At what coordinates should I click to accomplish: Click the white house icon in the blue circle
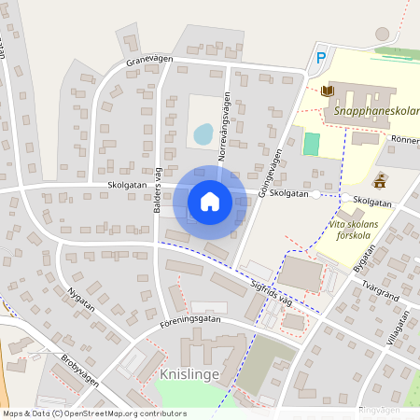click(210, 202)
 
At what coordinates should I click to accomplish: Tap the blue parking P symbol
click(321, 58)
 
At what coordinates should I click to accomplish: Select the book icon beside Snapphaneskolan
click(327, 91)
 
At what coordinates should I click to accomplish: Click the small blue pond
click(203, 134)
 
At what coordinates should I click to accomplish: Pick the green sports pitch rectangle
click(311, 144)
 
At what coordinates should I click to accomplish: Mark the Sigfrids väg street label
click(273, 290)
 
